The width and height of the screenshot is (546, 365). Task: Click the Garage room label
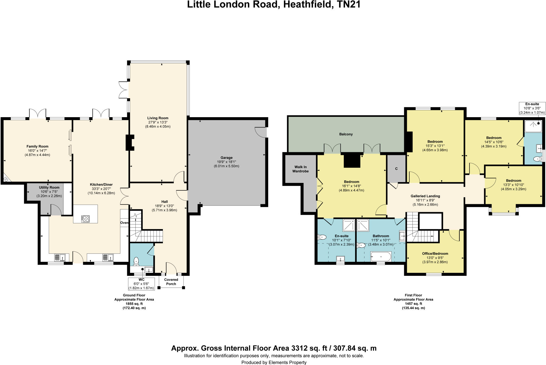226,158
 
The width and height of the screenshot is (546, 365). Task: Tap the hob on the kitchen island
85,219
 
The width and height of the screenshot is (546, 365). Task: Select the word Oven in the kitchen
124,223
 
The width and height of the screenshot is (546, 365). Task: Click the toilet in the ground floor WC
136,261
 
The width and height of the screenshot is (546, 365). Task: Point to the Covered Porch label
171,282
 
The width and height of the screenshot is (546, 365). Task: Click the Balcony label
346,134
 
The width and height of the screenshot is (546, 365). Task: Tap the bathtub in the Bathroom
381,257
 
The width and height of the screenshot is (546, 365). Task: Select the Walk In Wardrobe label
300,169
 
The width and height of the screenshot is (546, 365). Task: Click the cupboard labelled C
396,169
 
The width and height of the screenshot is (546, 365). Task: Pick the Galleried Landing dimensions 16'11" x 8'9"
425,200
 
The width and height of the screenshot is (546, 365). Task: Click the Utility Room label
49,187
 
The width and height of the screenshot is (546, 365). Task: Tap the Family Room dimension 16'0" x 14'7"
37,151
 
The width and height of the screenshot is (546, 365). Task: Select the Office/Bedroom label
435,253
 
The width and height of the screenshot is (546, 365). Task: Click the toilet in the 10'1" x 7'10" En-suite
322,237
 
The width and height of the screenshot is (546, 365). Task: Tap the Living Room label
158,118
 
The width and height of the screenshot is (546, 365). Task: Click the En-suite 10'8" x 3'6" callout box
532,108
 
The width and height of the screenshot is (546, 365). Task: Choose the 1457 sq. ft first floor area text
413,304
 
